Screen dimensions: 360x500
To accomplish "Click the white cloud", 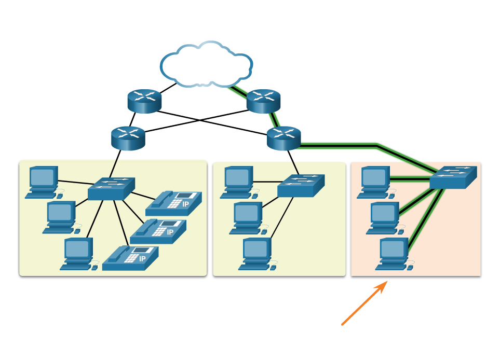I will (x=206, y=64).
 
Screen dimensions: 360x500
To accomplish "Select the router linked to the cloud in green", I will (x=263, y=101).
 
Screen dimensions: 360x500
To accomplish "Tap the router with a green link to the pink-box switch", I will (x=283, y=138).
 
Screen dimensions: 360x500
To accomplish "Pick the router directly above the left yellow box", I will (x=128, y=138).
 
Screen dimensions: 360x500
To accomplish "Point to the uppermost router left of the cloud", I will (x=144, y=101).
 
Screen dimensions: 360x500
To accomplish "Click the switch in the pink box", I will (x=453, y=177).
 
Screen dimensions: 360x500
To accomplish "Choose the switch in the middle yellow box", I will (x=301, y=185).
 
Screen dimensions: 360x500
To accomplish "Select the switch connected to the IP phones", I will (x=111, y=189).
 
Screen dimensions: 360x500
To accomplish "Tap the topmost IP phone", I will (x=173, y=203).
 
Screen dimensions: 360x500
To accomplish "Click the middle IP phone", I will (x=158, y=231).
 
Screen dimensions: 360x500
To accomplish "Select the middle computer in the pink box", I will (x=385, y=217).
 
